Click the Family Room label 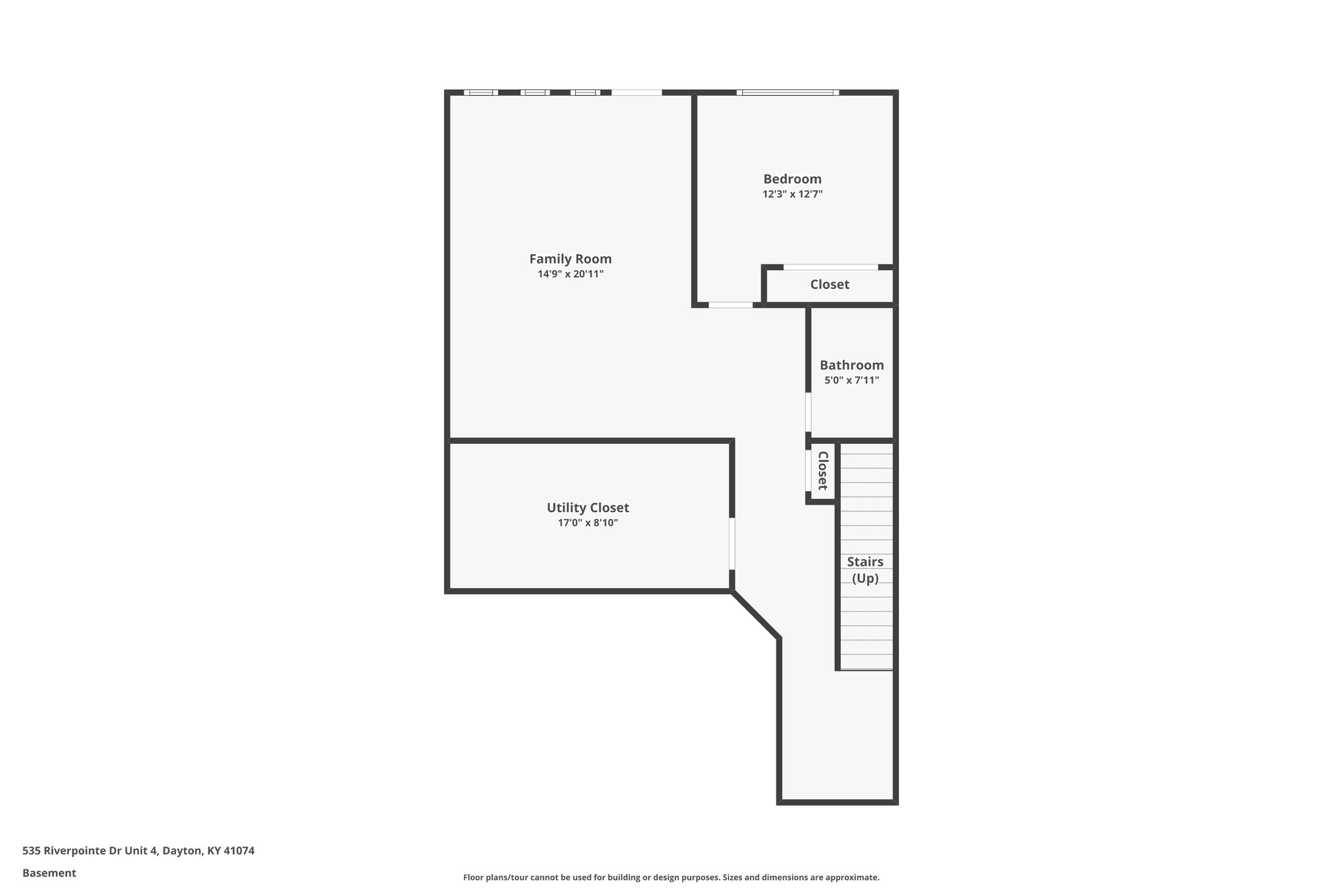pos(570,259)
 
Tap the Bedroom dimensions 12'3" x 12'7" pos(792,194)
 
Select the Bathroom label pos(851,365)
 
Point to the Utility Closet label pos(588,507)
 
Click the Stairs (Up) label pos(865,570)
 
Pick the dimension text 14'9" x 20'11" pos(570,274)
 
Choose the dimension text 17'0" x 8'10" pos(588,523)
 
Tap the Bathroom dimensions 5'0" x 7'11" pos(851,380)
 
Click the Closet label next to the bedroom pos(830,285)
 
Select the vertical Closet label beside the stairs pos(822,471)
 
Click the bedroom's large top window pos(787,92)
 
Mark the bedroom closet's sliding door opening pos(830,267)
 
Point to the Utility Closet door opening pos(732,544)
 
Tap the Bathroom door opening pos(808,412)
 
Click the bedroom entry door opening pos(731,305)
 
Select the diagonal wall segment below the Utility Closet pos(755,614)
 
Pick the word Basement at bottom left pos(49,873)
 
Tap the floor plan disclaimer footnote pos(671,877)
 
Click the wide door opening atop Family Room pos(636,92)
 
